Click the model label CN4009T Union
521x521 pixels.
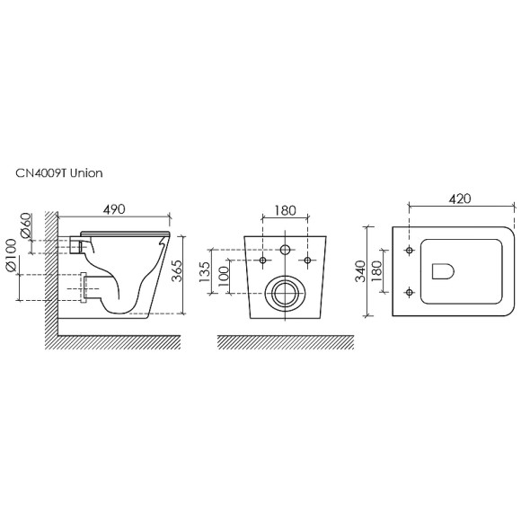point(59,173)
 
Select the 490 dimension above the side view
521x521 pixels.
point(114,209)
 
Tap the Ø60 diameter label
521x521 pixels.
point(27,225)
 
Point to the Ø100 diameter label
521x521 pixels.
point(11,255)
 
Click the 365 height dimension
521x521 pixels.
point(177,270)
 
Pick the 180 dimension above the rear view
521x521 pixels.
point(285,211)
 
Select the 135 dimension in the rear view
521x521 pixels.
point(205,272)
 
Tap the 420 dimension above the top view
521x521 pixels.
point(460,199)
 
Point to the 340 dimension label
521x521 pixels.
point(360,271)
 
